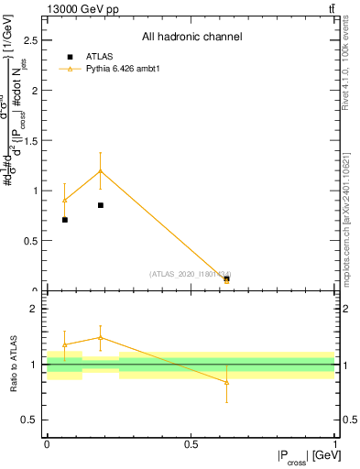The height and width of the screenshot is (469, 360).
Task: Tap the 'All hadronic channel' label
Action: (x=191, y=38)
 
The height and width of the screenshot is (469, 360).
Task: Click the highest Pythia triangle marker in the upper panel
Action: (x=101, y=170)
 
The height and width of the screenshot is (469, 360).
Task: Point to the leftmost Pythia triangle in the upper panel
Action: (x=64, y=201)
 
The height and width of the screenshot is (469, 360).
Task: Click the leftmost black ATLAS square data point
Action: (x=64, y=220)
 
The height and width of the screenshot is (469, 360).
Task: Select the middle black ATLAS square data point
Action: (x=101, y=205)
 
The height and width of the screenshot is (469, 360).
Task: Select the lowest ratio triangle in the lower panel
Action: (x=226, y=381)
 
